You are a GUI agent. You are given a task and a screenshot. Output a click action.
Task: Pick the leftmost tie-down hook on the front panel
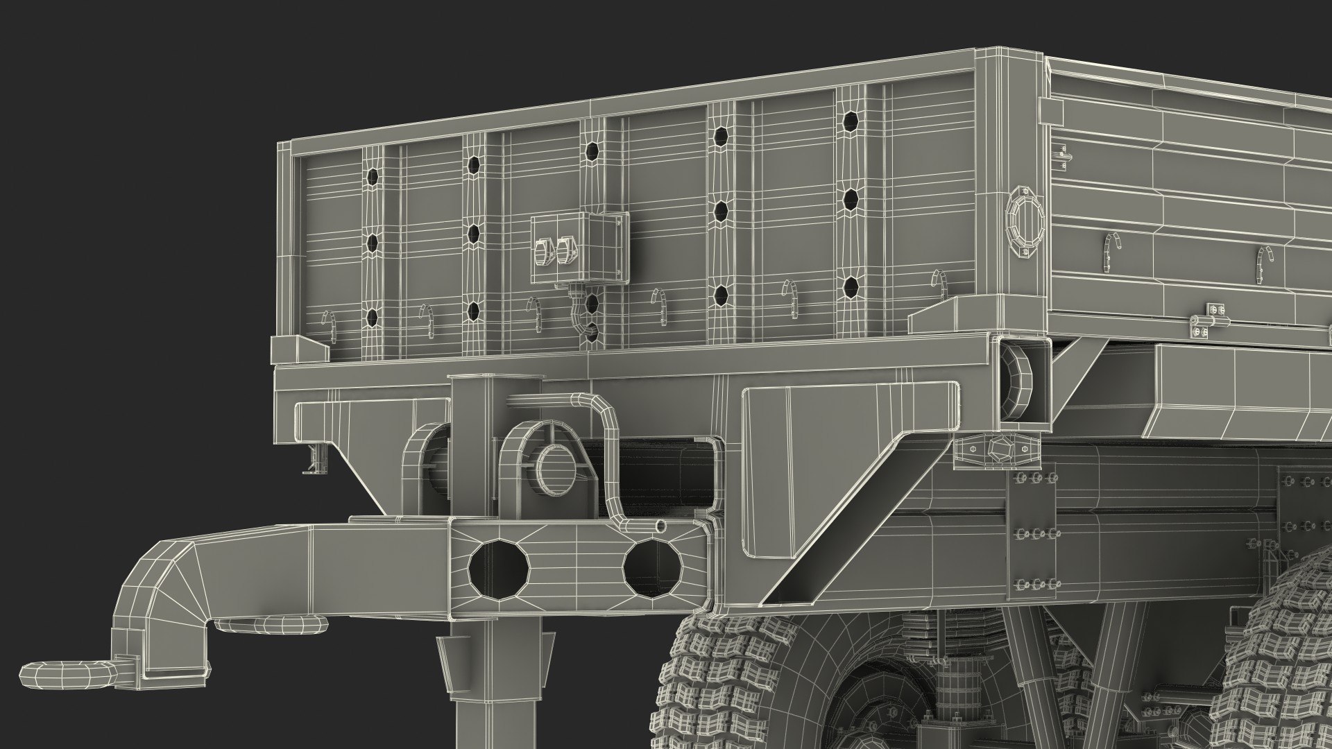pos(332,326)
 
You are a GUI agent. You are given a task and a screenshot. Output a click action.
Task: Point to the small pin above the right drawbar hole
pos(660,526)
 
